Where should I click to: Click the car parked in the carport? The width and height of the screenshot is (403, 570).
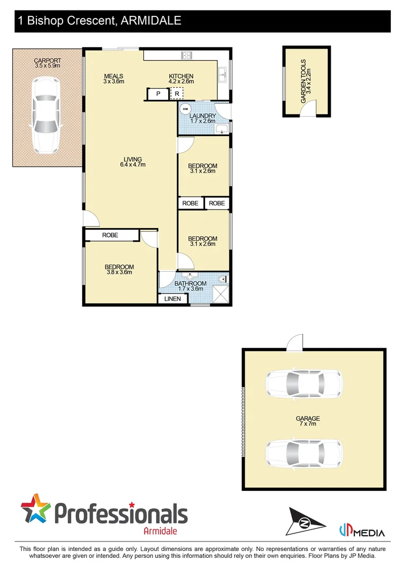pyautogui.click(x=46, y=115)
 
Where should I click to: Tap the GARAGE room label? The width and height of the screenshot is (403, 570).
pyautogui.click(x=308, y=419)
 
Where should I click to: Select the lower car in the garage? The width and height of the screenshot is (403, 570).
pyautogui.click(x=303, y=452)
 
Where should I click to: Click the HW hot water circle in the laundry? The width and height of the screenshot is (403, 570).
pyautogui.click(x=185, y=109)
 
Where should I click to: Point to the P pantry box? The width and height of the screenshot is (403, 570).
pyautogui.click(x=158, y=94)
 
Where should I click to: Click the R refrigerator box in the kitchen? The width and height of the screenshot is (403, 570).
pyautogui.click(x=177, y=94)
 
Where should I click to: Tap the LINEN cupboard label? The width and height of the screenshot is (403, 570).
pyautogui.click(x=172, y=299)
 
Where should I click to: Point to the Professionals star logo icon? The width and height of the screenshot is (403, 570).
pyautogui.click(x=36, y=510)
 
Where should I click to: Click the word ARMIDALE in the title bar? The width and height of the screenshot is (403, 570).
pyautogui.click(x=151, y=21)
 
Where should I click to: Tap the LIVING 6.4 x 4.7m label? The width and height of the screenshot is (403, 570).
pyautogui.click(x=132, y=162)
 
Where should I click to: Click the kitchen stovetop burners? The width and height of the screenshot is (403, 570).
pyautogui.click(x=186, y=54)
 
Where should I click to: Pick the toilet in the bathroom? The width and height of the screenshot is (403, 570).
pyautogui.click(x=223, y=279)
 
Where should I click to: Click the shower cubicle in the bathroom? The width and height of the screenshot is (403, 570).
pyautogui.click(x=221, y=293)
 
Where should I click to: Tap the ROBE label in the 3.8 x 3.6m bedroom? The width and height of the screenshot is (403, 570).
pyautogui.click(x=110, y=235)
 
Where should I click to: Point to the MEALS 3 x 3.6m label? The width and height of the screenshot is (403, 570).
pyautogui.click(x=113, y=79)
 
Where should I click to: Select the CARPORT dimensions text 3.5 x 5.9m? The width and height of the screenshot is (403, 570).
pyautogui.click(x=47, y=66)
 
